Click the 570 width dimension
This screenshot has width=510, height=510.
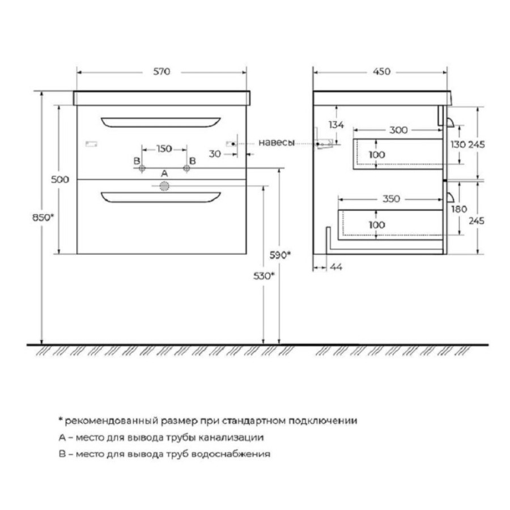tap(161, 71)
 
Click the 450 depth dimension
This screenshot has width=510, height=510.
tap(381, 71)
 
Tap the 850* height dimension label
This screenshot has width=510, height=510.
tap(43, 217)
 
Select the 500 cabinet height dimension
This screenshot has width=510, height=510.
tap(60, 179)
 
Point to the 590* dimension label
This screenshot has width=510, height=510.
tap(280, 255)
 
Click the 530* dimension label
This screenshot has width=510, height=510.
tap(263, 276)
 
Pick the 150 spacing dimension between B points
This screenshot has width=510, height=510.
tap(164, 148)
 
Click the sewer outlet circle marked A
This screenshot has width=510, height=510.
tap(164, 186)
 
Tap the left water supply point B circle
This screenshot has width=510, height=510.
tap(142, 168)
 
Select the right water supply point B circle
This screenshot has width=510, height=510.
tap(186, 168)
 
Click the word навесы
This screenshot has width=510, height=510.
tap(277, 142)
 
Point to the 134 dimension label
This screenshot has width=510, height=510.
tap(336, 125)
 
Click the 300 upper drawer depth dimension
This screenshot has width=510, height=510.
tap(398, 130)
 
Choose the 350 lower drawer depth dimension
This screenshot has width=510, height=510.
tap(391, 199)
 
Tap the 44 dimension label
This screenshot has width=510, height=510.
tap(336, 267)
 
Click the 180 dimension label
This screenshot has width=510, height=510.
tap(459, 209)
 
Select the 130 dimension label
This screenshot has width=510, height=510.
tap(458, 144)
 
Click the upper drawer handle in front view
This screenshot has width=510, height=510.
tap(161, 122)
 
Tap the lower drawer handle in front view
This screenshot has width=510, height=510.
tap(161, 197)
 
